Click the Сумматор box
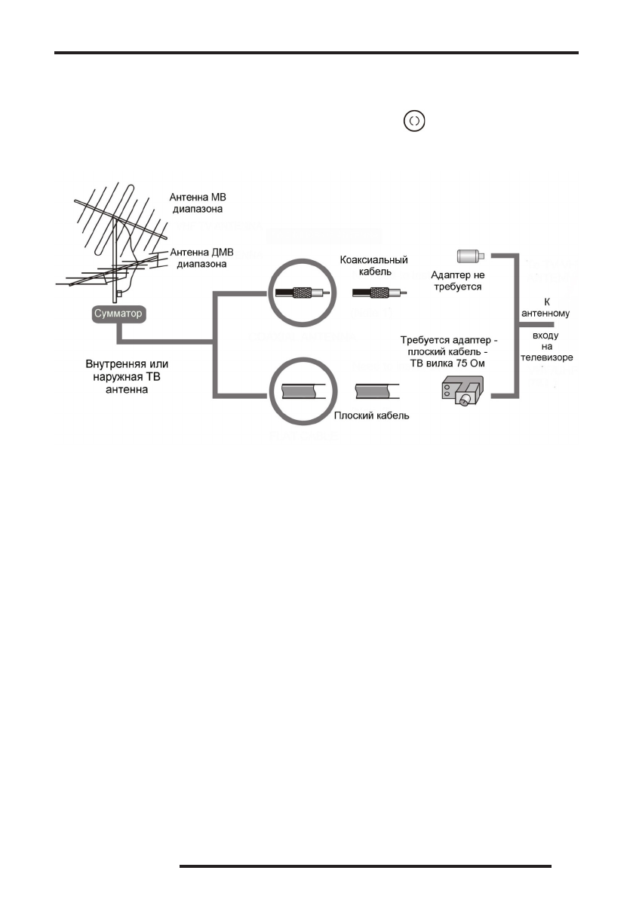117,312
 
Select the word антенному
547,311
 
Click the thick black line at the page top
317,54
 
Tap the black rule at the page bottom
366,866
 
